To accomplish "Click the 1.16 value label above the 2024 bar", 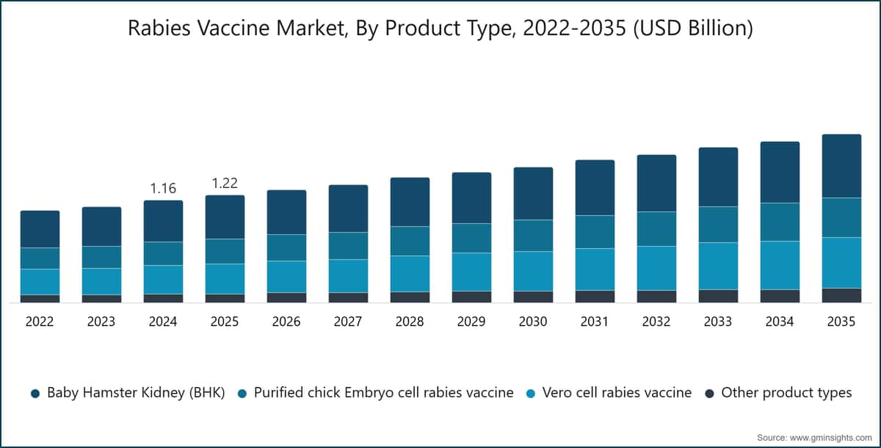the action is [163, 189].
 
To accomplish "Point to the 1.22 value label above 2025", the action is [225, 184].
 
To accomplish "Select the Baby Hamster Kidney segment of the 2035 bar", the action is [841, 166].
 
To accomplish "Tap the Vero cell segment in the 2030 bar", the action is [533, 272].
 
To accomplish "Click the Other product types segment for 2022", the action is [40, 299].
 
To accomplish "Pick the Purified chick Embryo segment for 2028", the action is [410, 241].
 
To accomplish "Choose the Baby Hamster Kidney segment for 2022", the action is [40, 229].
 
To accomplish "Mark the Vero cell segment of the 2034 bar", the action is [780, 266].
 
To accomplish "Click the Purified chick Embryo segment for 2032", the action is [657, 229].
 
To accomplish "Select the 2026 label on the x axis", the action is [286, 322].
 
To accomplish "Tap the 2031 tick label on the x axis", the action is [594, 322].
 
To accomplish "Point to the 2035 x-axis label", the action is [841, 322].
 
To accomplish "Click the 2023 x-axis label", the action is [101, 322].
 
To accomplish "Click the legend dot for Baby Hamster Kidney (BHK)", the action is [35, 394].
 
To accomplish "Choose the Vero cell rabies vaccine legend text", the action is [617, 392].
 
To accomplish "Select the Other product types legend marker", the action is [709, 394].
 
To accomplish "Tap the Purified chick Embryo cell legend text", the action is [384, 392].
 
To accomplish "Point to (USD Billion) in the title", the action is [693, 29].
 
